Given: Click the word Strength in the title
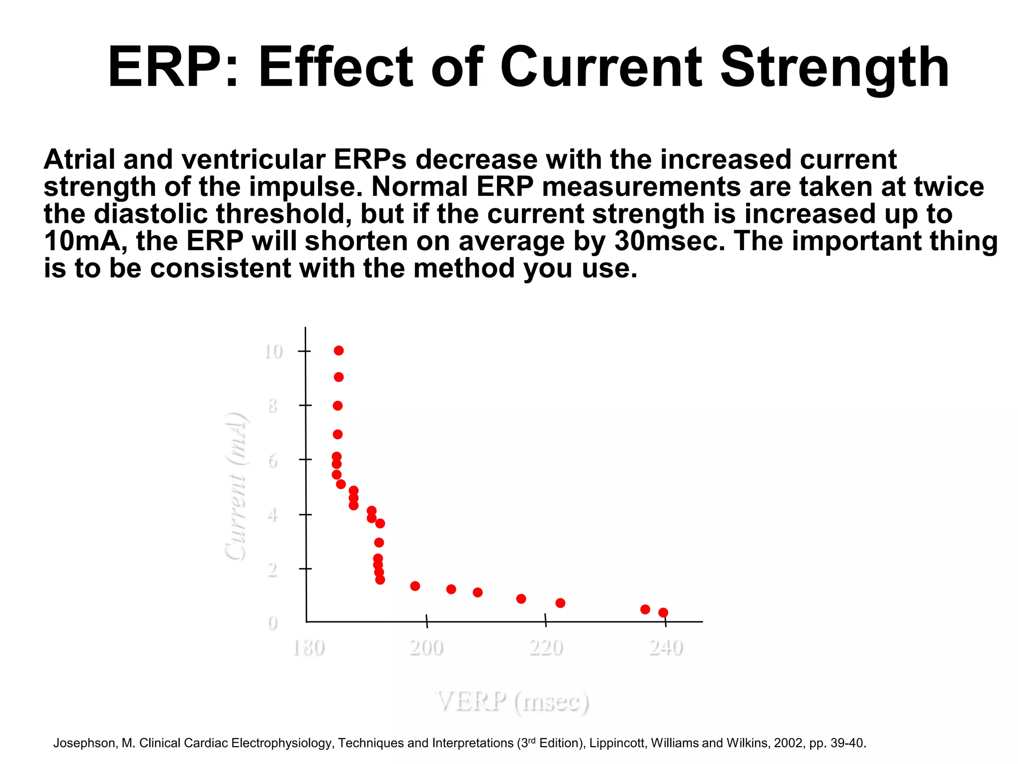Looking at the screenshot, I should (835, 68).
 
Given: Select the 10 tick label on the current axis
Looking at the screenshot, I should (273, 352).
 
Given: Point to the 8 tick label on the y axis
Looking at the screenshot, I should (272, 406).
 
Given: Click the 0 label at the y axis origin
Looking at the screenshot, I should (272, 623).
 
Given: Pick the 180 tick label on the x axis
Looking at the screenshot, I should (308, 648).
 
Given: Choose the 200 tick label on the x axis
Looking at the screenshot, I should (426, 648).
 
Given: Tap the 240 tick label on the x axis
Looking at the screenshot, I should (666, 648).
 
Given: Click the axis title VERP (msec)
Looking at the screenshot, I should (512, 702).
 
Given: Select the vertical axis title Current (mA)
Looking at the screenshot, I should (236, 486).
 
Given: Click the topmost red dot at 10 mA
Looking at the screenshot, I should (339, 351).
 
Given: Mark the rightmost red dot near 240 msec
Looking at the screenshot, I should (663, 612).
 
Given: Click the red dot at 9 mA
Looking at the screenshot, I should (339, 377).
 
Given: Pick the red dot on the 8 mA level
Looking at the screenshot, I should (338, 406).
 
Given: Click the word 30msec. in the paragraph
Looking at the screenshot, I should (670, 242).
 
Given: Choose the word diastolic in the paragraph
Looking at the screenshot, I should (151, 214).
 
